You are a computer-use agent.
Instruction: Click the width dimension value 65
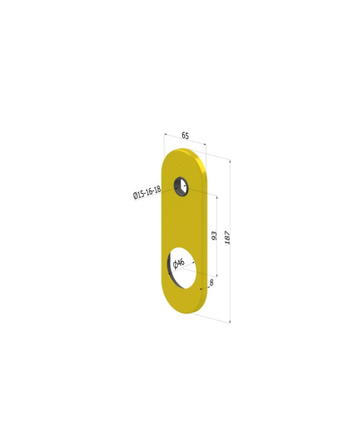[185, 136]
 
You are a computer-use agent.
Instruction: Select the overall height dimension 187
[227, 237]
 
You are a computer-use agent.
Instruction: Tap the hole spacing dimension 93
[214, 235]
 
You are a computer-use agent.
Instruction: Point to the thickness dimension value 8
[211, 282]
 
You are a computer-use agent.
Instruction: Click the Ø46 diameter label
[179, 263]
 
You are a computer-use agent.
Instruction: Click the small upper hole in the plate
[181, 186]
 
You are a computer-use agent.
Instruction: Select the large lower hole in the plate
[182, 264]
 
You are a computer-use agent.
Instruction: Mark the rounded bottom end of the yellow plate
[186, 304]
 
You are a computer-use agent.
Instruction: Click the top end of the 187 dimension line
[230, 161]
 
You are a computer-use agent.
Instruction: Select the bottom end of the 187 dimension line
[230, 323]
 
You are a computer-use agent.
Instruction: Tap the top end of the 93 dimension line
[217, 196]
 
